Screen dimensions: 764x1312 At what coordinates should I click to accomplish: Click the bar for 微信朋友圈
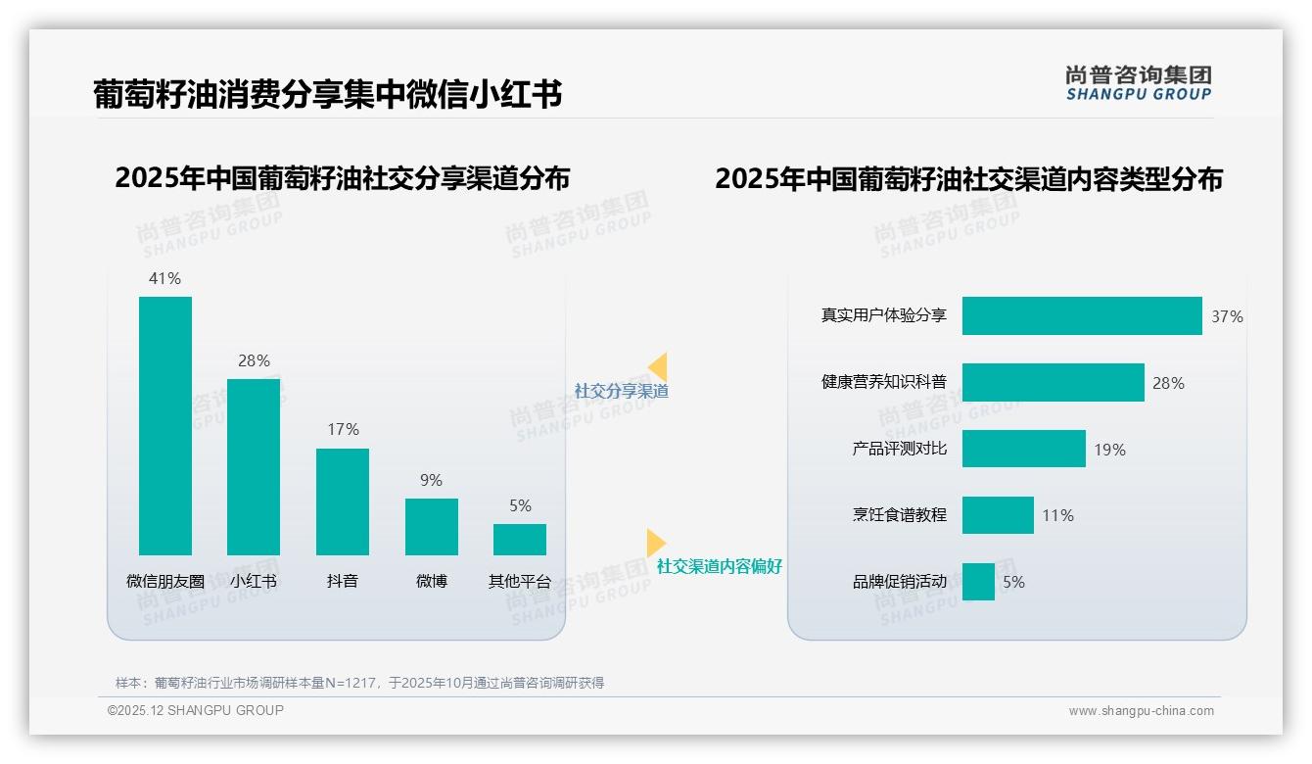[165, 425]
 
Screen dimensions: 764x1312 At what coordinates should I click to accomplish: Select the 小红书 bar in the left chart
[254, 466]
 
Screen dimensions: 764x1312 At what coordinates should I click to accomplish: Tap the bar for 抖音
[343, 501]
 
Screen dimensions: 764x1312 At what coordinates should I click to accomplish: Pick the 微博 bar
[432, 526]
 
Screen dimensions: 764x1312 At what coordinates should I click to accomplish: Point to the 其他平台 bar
[520, 539]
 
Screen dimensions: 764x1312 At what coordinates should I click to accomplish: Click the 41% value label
[164, 278]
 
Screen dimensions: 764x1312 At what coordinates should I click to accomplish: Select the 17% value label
[343, 429]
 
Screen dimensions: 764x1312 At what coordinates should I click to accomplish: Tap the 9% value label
[431, 480]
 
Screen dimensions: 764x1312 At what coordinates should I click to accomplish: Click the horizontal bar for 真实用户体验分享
[1082, 315]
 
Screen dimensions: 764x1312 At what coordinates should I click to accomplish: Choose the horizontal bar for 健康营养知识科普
[1054, 382]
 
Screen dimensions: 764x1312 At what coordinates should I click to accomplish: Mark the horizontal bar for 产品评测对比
[1024, 449]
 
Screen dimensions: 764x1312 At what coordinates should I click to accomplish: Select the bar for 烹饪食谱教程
[998, 515]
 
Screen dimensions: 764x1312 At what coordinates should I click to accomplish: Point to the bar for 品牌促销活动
[978, 581]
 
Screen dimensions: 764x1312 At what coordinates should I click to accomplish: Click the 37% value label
[1227, 316]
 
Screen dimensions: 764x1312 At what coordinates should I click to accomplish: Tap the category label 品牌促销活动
[900, 582]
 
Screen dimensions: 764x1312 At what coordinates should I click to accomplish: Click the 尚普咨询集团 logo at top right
[1139, 83]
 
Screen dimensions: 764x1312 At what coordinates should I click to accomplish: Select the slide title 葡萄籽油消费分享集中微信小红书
[327, 94]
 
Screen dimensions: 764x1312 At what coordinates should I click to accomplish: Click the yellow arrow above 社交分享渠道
[658, 367]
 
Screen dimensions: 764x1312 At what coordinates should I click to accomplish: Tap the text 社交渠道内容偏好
[720, 566]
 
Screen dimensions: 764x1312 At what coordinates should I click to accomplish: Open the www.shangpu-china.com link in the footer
[1141, 711]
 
